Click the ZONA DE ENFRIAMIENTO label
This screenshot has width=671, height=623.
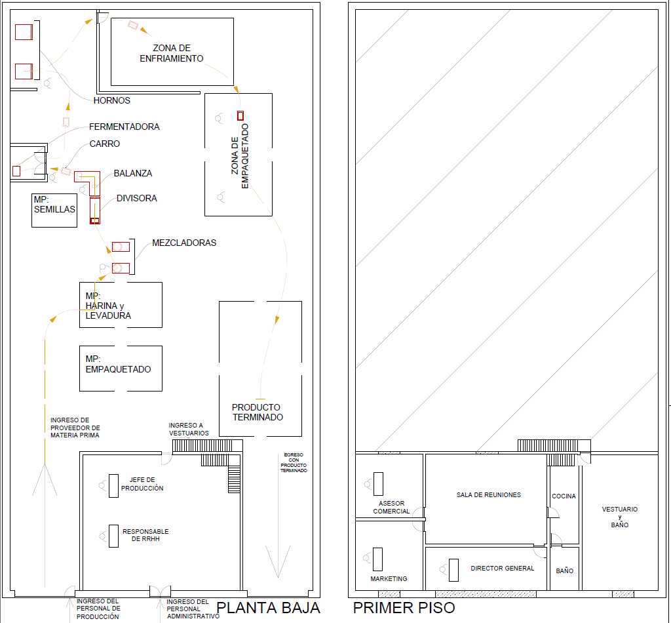point(172,53)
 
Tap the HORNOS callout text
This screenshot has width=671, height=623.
point(111,100)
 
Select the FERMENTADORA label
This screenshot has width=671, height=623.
point(124,127)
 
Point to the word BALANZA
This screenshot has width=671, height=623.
point(132,173)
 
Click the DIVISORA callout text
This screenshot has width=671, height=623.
point(136,198)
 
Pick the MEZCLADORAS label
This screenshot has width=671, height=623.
point(184,243)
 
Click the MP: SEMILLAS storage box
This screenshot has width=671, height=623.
point(54,211)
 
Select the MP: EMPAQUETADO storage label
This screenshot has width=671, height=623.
point(118,365)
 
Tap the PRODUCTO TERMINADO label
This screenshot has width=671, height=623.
point(257,412)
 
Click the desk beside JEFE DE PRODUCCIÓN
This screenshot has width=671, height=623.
point(113,485)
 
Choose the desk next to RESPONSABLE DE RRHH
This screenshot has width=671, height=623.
point(113,536)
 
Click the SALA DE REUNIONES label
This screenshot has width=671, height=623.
point(489,495)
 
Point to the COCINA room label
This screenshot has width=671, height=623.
point(564,496)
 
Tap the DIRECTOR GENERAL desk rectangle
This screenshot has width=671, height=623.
point(453,570)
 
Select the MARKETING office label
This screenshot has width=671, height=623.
point(389,579)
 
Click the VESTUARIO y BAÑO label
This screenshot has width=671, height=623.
point(620,517)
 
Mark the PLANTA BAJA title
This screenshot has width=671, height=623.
point(268,608)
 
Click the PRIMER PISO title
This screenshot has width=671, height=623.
point(404,608)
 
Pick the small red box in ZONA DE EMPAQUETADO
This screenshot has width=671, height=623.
point(240,115)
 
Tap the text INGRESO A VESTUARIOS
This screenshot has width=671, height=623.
point(189,430)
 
